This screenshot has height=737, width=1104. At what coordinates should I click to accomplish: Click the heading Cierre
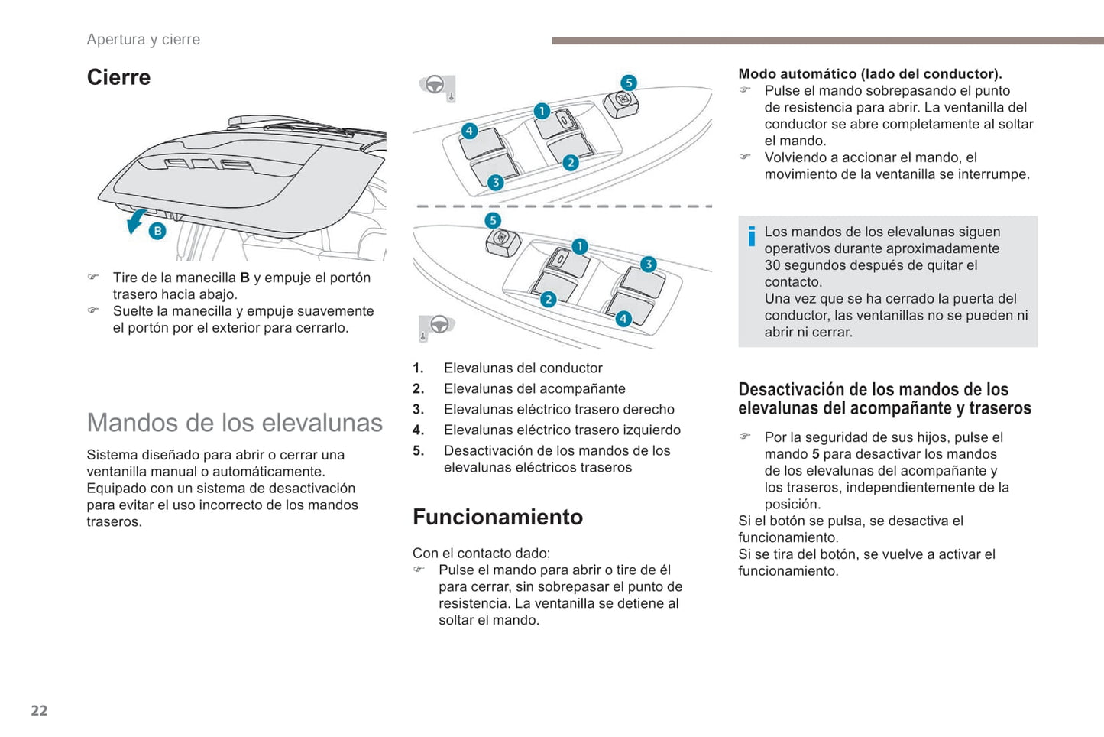pyautogui.click(x=118, y=77)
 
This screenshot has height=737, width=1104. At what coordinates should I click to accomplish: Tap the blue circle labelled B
pyautogui.click(x=157, y=230)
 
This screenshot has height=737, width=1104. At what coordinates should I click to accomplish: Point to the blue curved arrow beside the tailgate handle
pyautogui.click(x=135, y=222)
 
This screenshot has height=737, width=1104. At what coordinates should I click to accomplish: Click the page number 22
pyautogui.click(x=39, y=710)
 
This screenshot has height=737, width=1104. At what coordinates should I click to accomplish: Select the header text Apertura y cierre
pyautogui.click(x=143, y=39)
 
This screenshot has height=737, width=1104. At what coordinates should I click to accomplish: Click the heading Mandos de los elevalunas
pyautogui.click(x=235, y=422)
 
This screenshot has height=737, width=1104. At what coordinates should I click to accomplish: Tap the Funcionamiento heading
pyautogui.click(x=497, y=517)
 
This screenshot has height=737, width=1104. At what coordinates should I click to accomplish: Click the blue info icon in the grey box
pyautogui.click(x=752, y=236)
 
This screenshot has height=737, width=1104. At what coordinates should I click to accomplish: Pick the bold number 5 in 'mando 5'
pyautogui.click(x=815, y=454)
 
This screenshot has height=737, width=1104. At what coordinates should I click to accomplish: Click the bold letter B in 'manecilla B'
pyautogui.click(x=244, y=278)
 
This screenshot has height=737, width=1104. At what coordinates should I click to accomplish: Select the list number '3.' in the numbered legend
pyautogui.click(x=418, y=409)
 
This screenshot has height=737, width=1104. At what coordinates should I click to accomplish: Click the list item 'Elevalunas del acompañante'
pyautogui.click(x=534, y=388)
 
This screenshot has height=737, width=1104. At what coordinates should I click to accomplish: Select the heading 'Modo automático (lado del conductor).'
pyautogui.click(x=869, y=73)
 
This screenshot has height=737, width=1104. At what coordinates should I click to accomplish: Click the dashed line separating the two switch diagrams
pyautogui.click(x=563, y=206)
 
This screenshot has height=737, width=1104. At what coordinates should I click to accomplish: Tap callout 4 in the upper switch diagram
pyautogui.click(x=469, y=131)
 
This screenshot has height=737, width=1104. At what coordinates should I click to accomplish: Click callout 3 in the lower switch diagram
pyautogui.click(x=648, y=265)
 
